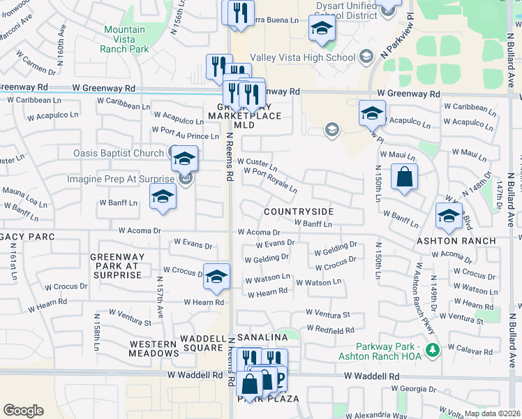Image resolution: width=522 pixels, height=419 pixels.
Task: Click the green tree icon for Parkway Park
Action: (433, 349)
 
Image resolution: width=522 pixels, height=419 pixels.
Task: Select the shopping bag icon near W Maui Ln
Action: (404, 177)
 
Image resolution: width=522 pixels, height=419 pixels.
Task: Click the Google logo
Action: (23, 410)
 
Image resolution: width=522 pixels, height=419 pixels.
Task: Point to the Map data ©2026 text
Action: (493, 413)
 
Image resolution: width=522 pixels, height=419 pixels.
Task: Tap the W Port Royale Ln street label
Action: (271, 180)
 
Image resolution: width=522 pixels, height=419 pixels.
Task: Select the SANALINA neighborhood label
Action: (262, 337)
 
